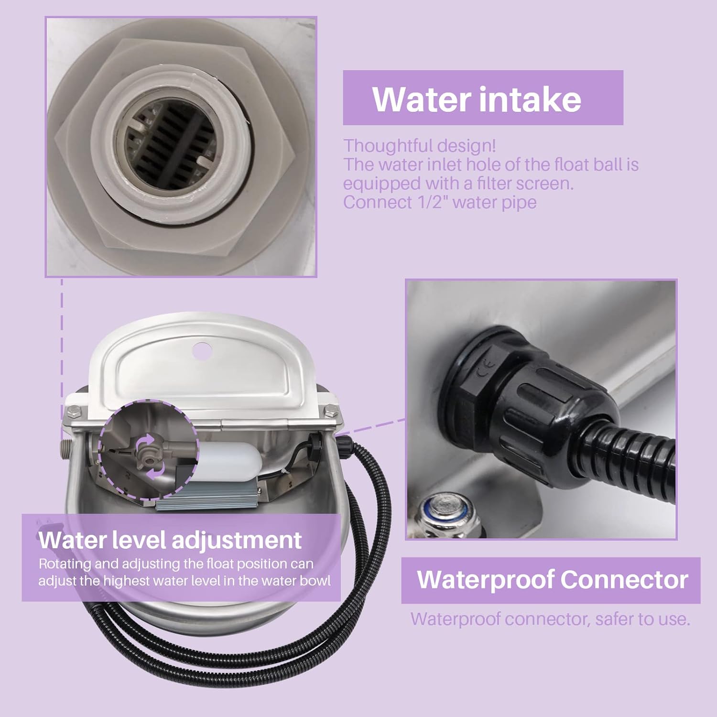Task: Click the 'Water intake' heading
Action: pyautogui.click(x=477, y=99)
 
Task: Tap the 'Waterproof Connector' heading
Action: pyautogui.click(x=552, y=579)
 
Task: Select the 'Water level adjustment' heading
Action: pyautogui.click(x=170, y=540)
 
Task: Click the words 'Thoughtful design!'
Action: pyautogui.click(x=420, y=146)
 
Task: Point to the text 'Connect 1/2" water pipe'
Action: pyautogui.click(x=440, y=202)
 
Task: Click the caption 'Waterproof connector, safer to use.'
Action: pyautogui.click(x=550, y=619)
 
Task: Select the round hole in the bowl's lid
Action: pyautogui.click(x=201, y=350)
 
